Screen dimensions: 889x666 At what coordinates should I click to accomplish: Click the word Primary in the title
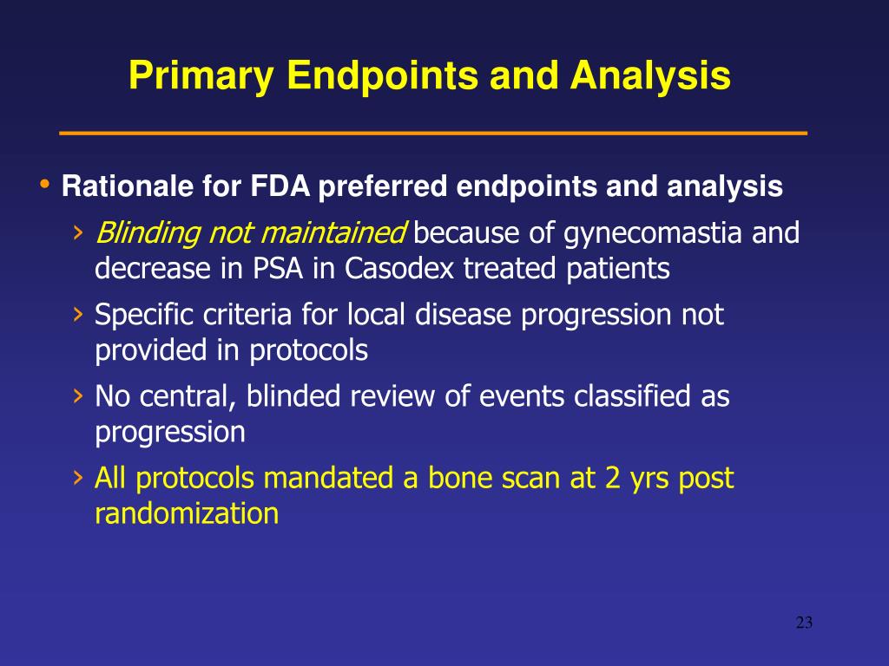[201, 76]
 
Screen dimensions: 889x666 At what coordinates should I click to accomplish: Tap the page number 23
[804, 623]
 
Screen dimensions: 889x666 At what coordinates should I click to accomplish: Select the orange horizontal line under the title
[433, 133]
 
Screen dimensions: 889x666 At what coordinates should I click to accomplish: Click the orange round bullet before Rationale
[45, 184]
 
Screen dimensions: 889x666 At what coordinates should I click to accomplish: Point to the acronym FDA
[280, 186]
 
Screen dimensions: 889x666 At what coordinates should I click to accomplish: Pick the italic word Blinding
[148, 233]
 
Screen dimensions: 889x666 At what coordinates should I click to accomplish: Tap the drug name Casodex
[399, 268]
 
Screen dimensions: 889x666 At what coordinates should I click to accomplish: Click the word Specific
[144, 315]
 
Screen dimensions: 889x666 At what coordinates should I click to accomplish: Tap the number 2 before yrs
[612, 478]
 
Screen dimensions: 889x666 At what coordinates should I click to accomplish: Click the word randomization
[187, 513]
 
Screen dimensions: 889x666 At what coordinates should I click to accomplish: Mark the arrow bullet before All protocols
[78, 479]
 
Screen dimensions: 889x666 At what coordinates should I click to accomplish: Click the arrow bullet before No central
[78, 396]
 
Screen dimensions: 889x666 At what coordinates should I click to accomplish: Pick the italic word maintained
[334, 233]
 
